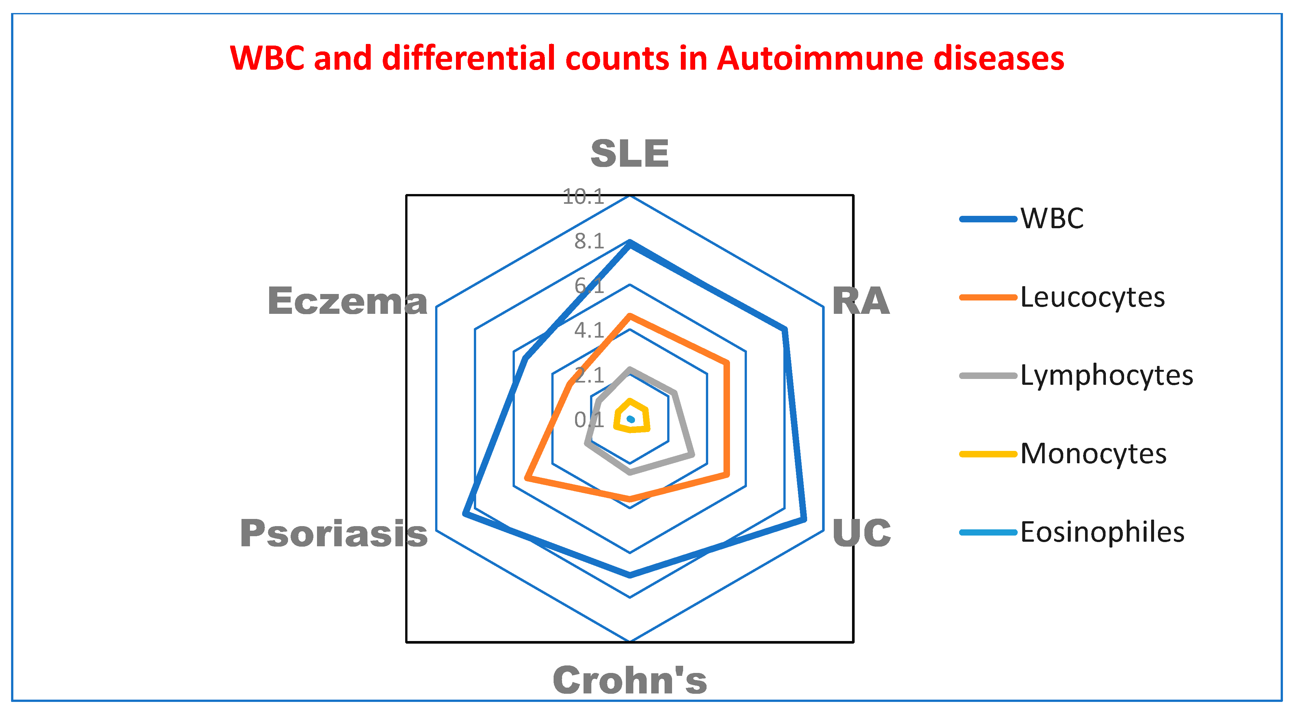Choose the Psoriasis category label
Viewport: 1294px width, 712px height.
click(x=334, y=533)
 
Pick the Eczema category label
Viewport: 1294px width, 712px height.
click(x=348, y=301)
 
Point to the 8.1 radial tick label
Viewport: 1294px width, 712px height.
click(x=589, y=241)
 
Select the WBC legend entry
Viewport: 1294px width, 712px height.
click(x=1052, y=218)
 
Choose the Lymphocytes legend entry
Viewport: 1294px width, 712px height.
click(x=1106, y=375)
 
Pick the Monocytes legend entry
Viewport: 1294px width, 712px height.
click(x=1093, y=454)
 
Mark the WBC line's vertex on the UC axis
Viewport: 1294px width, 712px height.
click(x=804, y=520)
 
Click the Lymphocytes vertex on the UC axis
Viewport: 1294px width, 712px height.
click(x=692, y=455)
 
